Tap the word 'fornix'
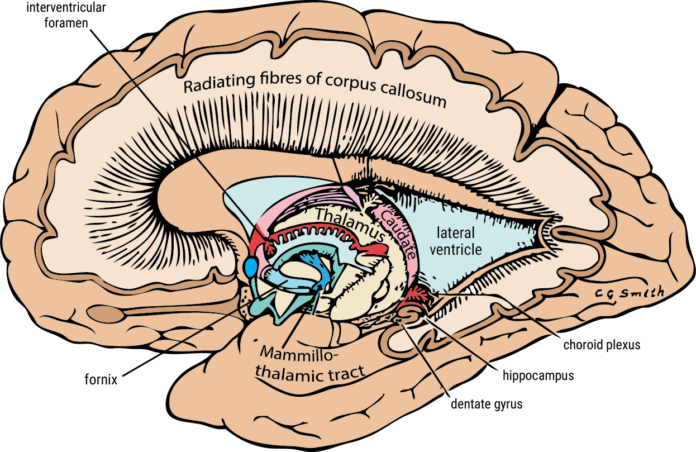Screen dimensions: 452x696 tap(101, 380)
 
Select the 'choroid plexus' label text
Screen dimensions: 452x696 tap(602, 345)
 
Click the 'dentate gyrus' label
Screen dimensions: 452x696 tap(486, 404)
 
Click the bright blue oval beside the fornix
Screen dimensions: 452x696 tap(251, 268)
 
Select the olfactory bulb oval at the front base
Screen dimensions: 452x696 tap(113, 315)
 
